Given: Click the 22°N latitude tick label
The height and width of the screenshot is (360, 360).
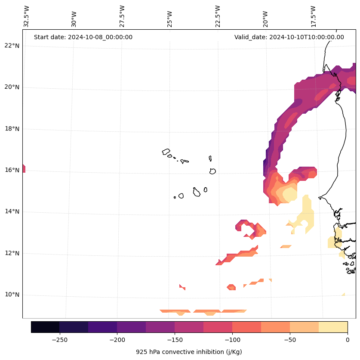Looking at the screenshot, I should (x=12, y=46).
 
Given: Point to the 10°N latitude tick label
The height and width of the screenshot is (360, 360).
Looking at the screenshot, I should (x=12, y=295).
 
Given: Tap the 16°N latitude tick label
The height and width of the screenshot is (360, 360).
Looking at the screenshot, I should (x=12, y=170).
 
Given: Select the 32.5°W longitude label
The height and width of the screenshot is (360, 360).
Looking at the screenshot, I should (x=27, y=16).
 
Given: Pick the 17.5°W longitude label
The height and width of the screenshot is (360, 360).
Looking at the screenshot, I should (x=313, y=16).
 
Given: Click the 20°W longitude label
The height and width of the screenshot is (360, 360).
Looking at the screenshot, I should (x=265, y=18).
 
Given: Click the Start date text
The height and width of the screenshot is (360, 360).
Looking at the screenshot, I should (x=83, y=37).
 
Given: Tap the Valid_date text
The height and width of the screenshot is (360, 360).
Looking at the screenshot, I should (x=289, y=37).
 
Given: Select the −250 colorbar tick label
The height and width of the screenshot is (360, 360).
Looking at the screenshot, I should (x=59, y=340).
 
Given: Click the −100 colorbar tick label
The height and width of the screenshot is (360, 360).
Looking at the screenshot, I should (x=232, y=340).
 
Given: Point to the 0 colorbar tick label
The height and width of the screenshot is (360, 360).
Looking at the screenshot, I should (x=347, y=340).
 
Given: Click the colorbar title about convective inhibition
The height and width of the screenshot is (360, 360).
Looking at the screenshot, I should (x=189, y=352).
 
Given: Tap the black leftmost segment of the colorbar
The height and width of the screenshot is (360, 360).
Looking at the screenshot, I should (x=45, y=327).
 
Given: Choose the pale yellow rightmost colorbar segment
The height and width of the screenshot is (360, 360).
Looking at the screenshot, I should (x=333, y=327).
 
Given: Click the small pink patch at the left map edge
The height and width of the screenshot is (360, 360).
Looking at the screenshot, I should (x=24, y=168).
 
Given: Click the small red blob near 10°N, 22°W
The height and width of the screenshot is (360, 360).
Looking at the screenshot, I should (x=231, y=287).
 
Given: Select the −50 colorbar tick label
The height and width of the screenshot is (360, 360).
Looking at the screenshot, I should (x=290, y=340).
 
